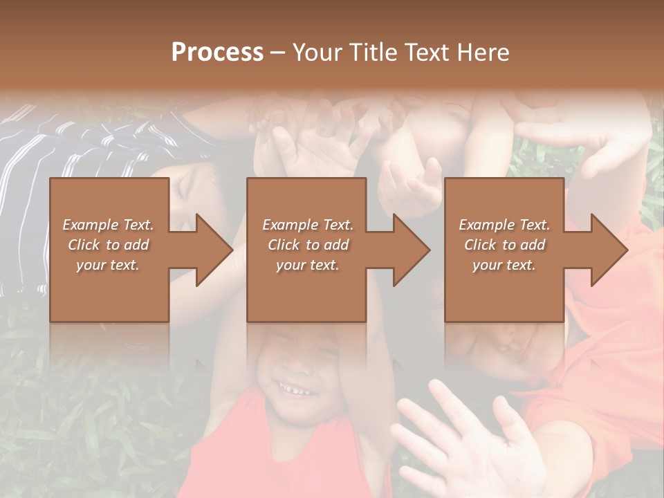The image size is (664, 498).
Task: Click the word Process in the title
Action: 217,53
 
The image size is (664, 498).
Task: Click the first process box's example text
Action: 109,245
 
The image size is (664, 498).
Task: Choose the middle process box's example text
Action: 308,245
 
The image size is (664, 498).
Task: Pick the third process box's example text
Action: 504,245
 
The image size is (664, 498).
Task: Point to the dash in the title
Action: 277,53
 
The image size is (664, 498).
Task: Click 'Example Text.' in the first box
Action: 109,225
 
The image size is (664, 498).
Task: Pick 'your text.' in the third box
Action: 504,265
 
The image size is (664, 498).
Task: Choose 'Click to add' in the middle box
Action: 308,245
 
